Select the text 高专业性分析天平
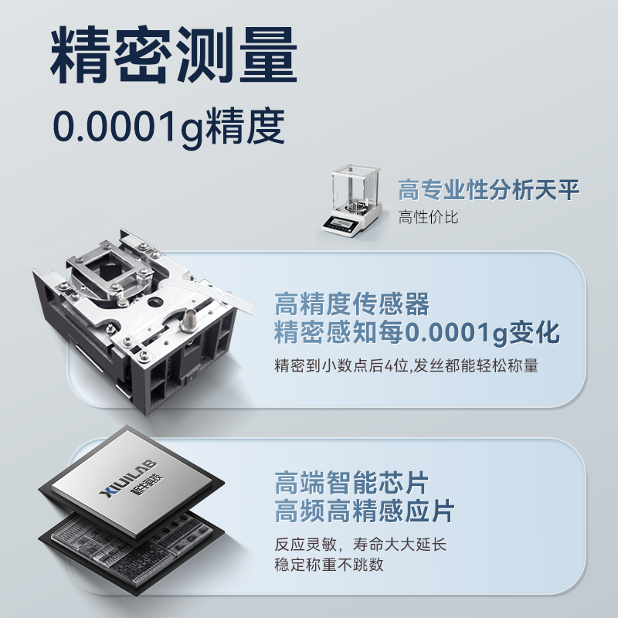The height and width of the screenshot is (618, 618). tap(488, 190)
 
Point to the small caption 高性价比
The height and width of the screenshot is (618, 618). tap(428, 218)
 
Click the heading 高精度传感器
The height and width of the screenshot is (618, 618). tap(351, 304)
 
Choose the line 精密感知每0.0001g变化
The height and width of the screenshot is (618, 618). tap(417, 334)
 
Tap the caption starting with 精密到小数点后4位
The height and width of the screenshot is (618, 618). tap(406, 366)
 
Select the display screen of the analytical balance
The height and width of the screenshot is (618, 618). tap(339, 223)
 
